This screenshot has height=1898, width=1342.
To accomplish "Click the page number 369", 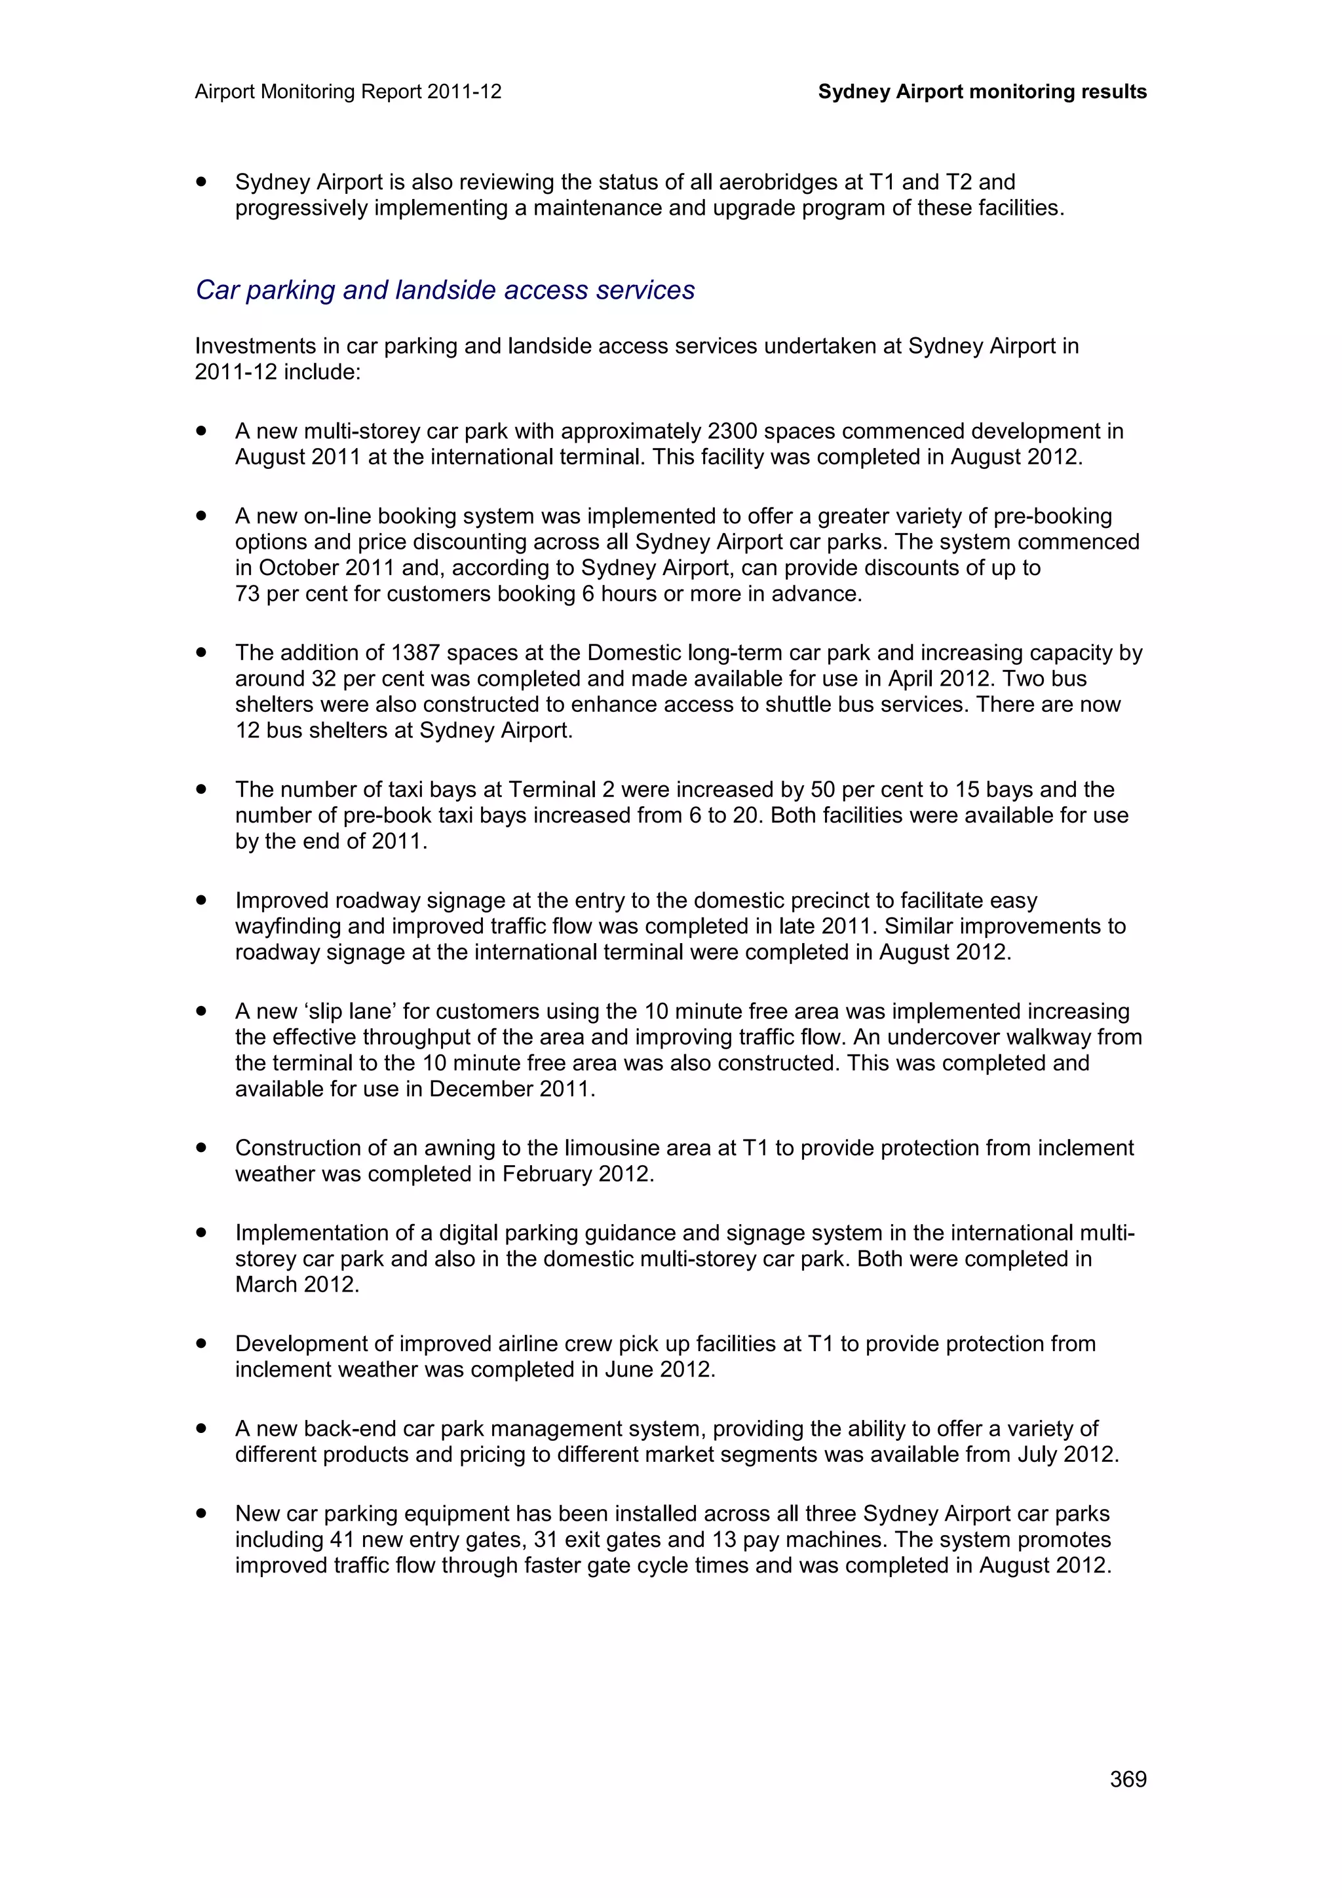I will click(1128, 1779).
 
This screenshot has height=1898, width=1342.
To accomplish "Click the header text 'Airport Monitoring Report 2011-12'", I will click(348, 92).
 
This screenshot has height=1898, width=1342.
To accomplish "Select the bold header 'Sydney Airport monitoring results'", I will click(982, 92).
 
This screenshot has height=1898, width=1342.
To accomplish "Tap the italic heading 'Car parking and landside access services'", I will click(445, 290).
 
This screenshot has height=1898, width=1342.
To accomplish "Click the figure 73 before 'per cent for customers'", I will click(247, 595).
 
